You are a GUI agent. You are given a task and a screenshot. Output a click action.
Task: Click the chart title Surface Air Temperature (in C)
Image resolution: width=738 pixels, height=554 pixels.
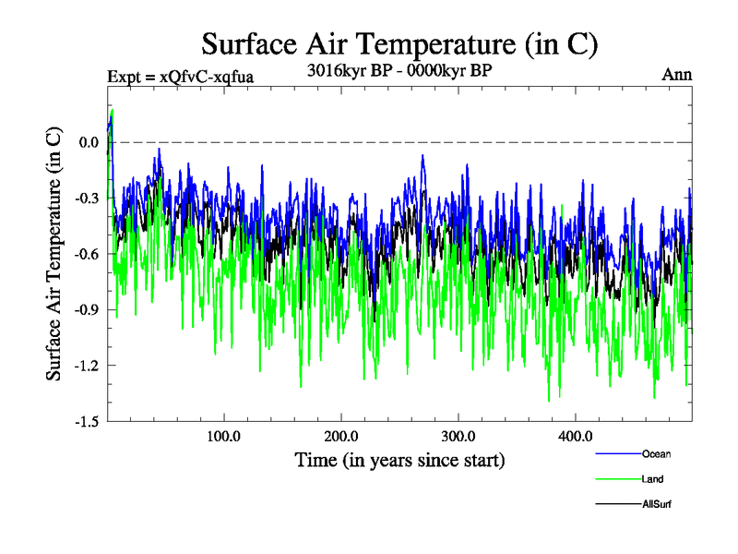(x=399, y=43)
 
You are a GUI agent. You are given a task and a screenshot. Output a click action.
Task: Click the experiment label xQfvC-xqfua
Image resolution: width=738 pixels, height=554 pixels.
(x=180, y=76)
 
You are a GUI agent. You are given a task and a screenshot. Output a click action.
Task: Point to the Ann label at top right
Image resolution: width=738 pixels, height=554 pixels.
(x=676, y=74)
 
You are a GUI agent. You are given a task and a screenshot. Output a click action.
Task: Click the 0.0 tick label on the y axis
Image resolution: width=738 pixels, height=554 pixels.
(x=89, y=142)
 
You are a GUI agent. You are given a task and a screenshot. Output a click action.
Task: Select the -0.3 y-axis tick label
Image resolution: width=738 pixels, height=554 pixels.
(x=87, y=198)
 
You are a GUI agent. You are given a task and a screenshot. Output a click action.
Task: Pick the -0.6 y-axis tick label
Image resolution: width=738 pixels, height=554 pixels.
(x=87, y=254)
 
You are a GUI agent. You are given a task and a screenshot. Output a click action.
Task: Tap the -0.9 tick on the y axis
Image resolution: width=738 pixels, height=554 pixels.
(x=87, y=309)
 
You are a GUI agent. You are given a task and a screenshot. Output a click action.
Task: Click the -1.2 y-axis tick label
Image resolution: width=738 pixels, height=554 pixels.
(x=87, y=366)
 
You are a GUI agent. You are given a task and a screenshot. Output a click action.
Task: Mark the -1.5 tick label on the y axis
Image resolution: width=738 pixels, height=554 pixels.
(x=87, y=421)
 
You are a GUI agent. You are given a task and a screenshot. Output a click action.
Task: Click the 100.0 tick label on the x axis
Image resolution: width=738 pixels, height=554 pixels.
(x=223, y=436)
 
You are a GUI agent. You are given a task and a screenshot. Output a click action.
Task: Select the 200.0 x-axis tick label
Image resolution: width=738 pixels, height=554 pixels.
(x=341, y=436)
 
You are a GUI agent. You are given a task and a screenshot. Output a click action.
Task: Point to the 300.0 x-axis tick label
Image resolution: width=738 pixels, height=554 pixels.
(x=458, y=436)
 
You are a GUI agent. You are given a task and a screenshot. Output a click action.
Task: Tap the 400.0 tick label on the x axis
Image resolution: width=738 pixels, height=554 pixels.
(x=576, y=436)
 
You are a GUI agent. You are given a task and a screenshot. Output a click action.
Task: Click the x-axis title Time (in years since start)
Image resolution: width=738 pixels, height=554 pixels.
(x=399, y=459)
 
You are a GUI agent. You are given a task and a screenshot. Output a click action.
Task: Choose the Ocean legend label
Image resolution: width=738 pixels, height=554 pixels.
(x=657, y=454)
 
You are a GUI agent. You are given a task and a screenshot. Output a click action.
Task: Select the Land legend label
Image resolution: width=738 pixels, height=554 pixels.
(x=652, y=479)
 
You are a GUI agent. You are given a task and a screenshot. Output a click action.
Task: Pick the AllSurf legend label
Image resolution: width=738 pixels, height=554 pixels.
(x=656, y=504)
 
